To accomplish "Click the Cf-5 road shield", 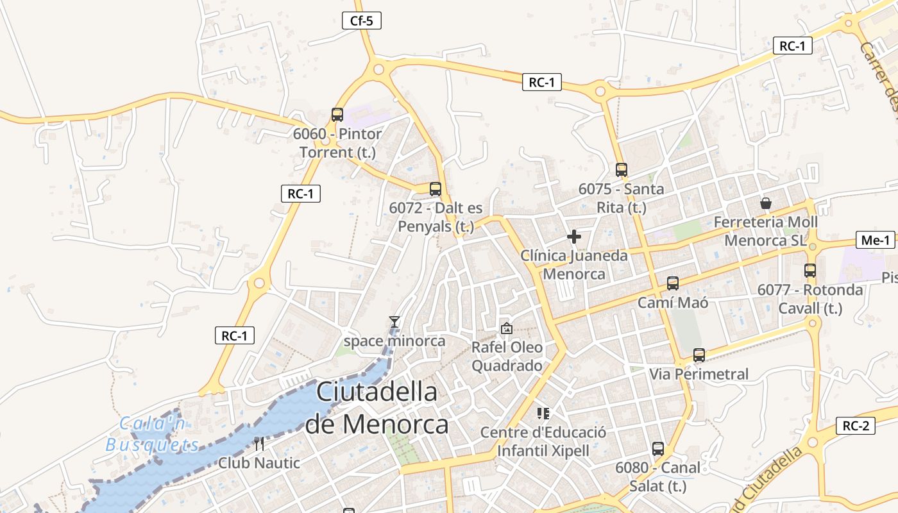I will pyautogui.click(x=362, y=21).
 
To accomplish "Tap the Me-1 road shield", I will pyautogui.click(x=876, y=240).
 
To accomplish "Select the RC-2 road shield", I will pyautogui.click(x=856, y=425).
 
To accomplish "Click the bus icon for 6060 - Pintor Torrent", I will pyautogui.click(x=337, y=115).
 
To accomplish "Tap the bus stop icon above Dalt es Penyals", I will pyautogui.click(x=436, y=189).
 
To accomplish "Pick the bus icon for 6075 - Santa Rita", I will pyautogui.click(x=621, y=170).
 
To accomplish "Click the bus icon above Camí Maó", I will pyautogui.click(x=672, y=283).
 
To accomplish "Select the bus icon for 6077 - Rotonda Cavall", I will pyautogui.click(x=810, y=271).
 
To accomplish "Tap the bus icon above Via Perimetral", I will pyautogui.click(x=699, y=355).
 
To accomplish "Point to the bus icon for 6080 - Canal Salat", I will pyautogui.click(x=658, y=449).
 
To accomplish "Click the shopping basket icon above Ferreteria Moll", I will pyautogui.click(x=766, y=203).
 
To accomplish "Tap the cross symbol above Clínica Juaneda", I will pyautogui.click(x=574, y=237).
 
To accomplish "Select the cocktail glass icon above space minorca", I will pyautogui.click(x=394, y=321).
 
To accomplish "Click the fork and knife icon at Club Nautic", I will pyautogui.click(x=259, y=443).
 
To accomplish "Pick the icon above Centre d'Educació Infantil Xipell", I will pyautogui.click(x=543, y=414).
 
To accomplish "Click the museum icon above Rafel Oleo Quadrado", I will pyautogui.click(x=507, y=328).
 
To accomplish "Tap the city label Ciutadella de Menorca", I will pyautogui.click(x=377, y=408).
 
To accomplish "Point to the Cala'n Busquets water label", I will pyautogui.click(x=153, y=434).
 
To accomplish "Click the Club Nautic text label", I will pyautogui.click(x=259, y=462).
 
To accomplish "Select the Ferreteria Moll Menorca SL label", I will pyautogui.click(x=766, y=231).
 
